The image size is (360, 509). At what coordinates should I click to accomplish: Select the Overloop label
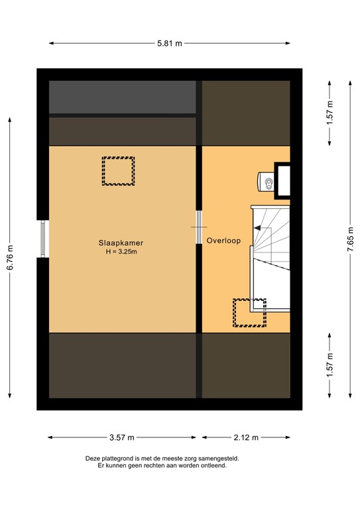223,241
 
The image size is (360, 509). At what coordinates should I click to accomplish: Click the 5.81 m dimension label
170,43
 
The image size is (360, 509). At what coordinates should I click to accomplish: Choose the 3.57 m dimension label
121,437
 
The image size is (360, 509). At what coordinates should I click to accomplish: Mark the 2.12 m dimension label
246,437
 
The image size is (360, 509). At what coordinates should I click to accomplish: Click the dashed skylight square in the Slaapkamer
118,171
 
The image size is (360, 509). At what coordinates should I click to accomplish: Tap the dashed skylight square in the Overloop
249,313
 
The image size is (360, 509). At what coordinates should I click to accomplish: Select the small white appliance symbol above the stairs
268,182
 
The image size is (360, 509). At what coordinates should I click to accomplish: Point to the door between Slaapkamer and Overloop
199,227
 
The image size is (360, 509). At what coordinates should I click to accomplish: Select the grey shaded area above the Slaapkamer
123,97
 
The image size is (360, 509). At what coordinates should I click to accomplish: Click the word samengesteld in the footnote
218,458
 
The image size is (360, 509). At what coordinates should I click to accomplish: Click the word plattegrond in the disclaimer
121,458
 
